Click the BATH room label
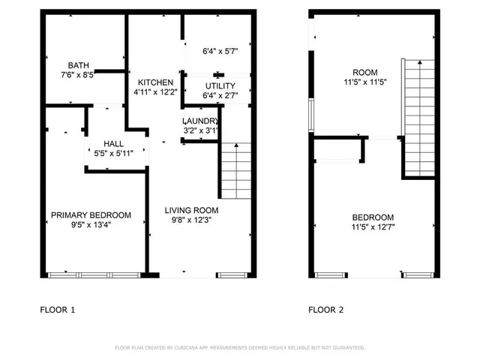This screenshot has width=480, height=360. point(79,65)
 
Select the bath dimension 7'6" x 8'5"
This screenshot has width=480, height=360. point(79,75)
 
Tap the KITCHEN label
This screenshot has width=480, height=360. point(155,82)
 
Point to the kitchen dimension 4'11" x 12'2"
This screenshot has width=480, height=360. point(155,92)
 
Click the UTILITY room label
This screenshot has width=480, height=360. point(220,87)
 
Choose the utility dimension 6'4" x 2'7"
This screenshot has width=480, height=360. point(220,97)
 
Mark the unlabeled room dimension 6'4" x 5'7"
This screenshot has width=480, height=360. point(220,52)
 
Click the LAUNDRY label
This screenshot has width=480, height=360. point(201,121)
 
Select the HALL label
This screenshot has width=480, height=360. point(114,144)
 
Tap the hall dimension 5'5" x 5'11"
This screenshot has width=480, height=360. point(114,154)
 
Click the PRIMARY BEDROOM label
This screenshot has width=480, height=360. point(91,215)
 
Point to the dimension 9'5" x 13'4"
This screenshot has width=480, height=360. point(91,225)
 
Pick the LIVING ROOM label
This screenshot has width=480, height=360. point(191,211)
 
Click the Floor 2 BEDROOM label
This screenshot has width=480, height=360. point(372,217)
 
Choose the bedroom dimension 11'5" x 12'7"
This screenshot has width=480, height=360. point(372,227)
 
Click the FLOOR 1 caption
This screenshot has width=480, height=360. point(57,309)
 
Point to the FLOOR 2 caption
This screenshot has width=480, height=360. point(326,309)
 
